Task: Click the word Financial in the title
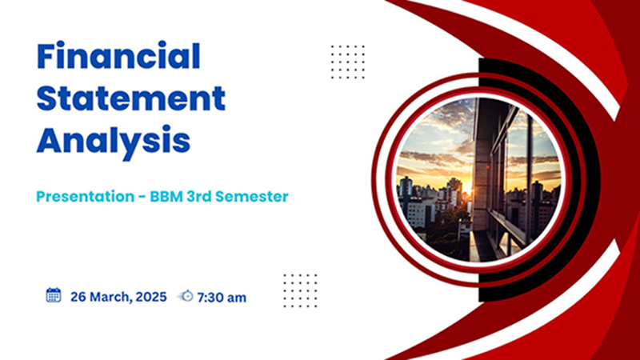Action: point(118,55)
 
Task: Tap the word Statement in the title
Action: point(131,98)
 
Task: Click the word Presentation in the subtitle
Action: point(86,196)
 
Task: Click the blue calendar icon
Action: point(54,295)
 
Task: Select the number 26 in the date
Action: point(78,297)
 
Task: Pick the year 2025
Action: point(151,297)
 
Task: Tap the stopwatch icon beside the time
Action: point(186,296)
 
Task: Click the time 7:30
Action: point(210,298)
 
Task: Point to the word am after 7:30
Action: point(236,298)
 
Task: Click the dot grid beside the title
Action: point(348,62)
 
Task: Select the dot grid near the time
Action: point(301,290)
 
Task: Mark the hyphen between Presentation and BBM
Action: point(142,197)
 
